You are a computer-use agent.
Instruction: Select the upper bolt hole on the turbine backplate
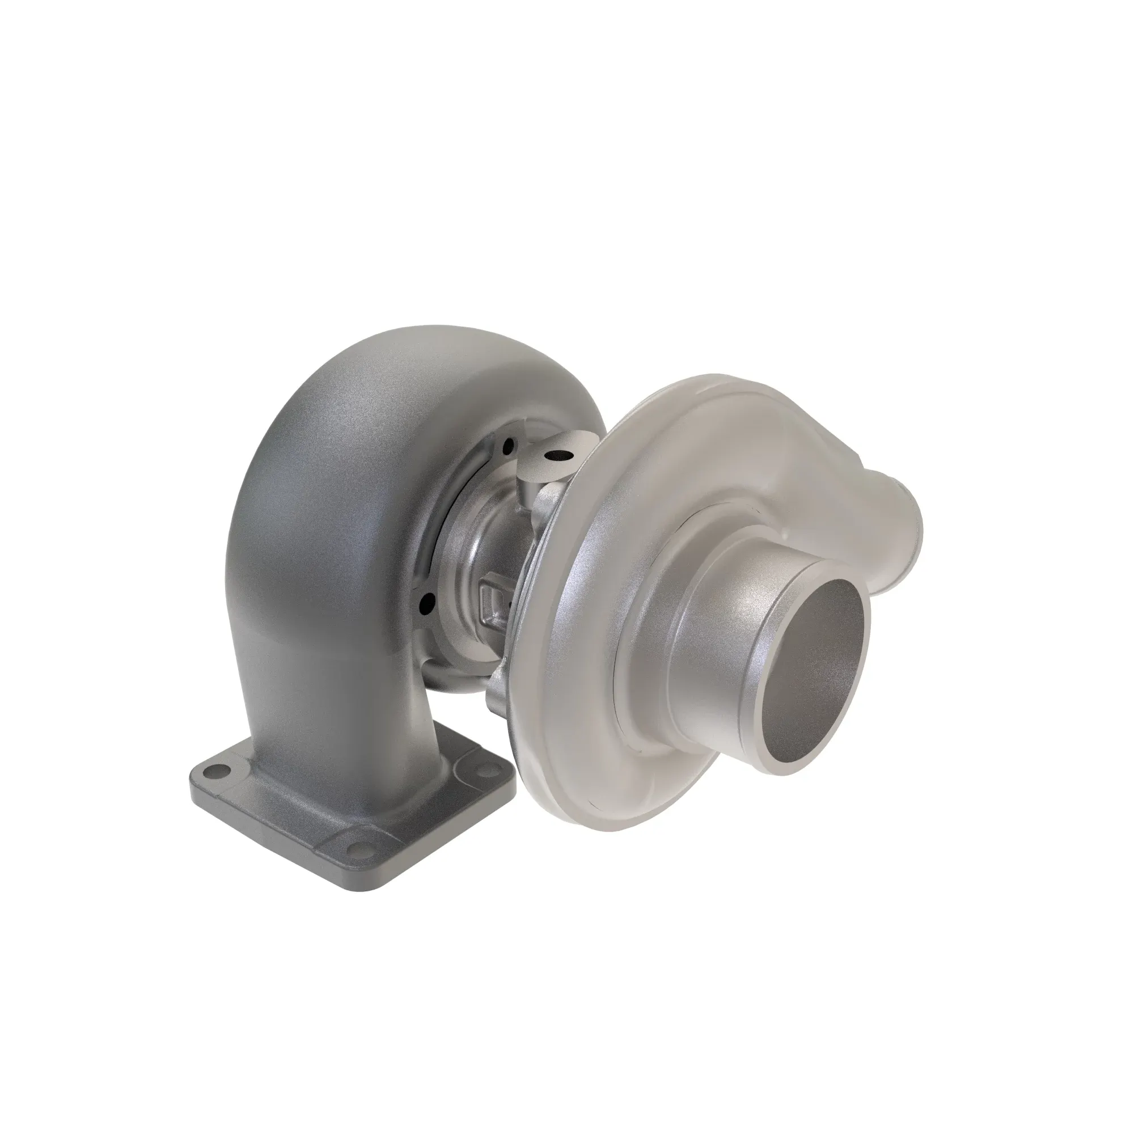(x=508, y=446)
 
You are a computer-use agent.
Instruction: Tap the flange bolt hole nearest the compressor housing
(x=485, y=769)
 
